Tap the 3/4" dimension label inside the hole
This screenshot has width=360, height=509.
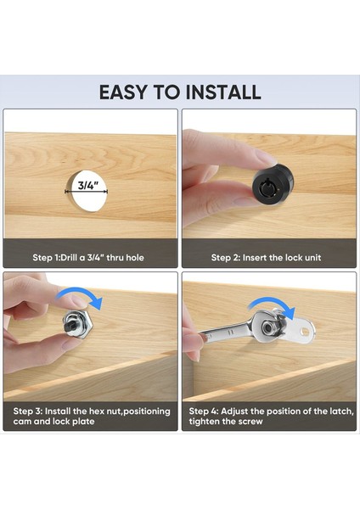pyautogui.click(x=88, y=185)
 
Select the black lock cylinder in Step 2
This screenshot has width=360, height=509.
pyautogui.click(x=273, y=184)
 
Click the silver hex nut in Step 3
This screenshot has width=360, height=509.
pyautogui.click(x=78, y=324)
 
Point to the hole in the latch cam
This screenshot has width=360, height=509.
pyautogui.click(x=306, y=332)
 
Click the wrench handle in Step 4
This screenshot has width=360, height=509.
pyautogui.click(x=224, y=332)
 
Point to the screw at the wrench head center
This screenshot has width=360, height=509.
pyautogui.click(x=267, y=327)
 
